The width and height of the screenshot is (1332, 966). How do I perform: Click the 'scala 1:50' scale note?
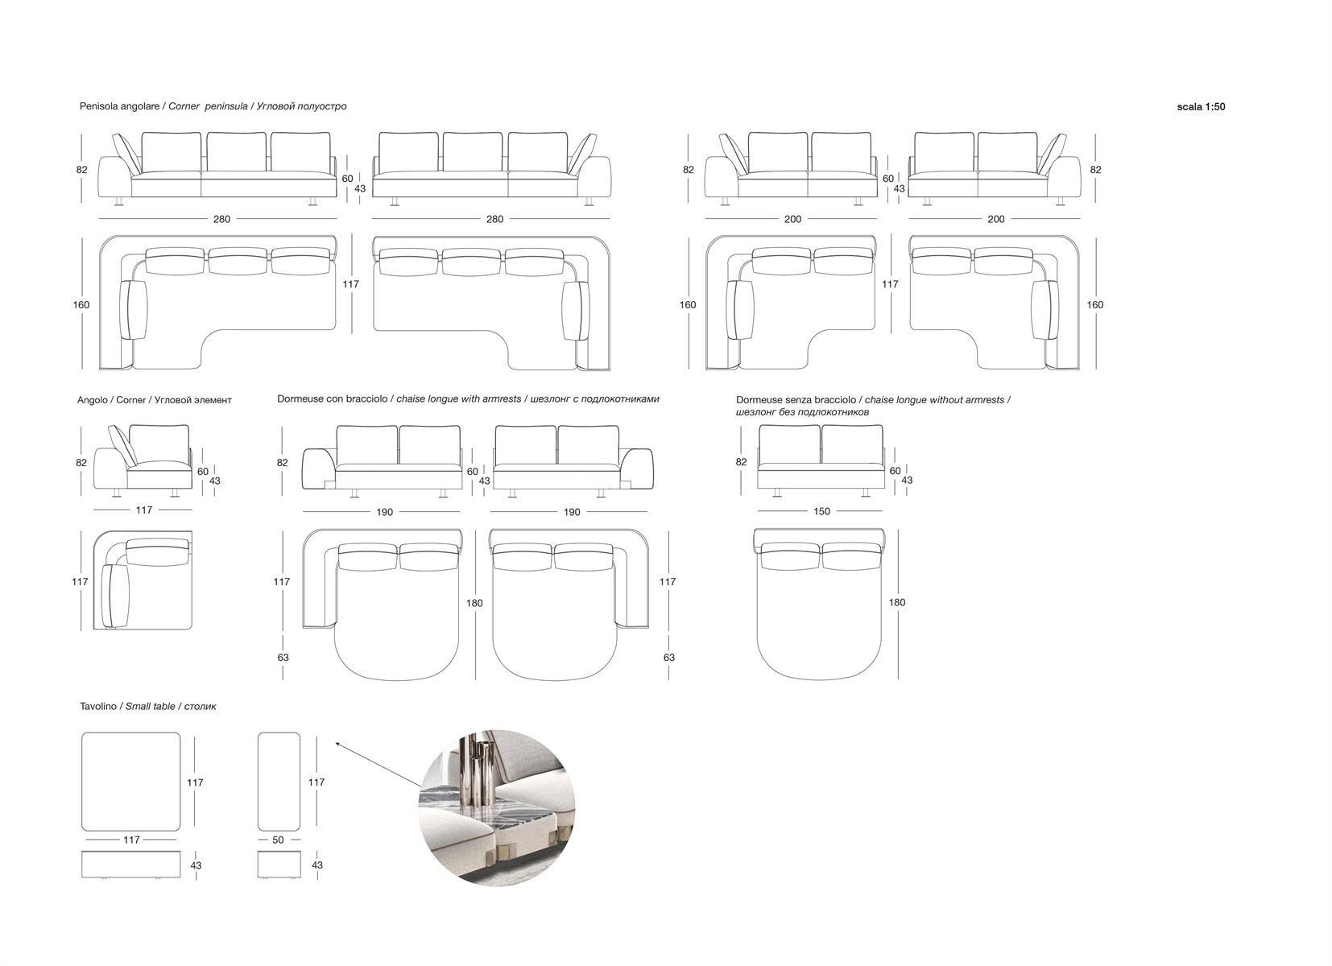pyautogui.click(x=1201, y=107)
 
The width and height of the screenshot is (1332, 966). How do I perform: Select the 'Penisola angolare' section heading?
pyautogui.click(x=119, y=106)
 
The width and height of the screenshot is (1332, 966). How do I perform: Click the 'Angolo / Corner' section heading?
pyautogui.click(x=111, y=400)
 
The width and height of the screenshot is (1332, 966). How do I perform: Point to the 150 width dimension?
pyautogui.click(x=821, y=511)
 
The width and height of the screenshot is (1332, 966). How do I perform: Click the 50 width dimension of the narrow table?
pyautogui.click(x=278, y=840)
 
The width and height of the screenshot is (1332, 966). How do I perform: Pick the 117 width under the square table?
pyautogui.click(x=131, y=840)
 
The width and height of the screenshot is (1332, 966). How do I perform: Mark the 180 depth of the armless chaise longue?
pyautogui.click(x=896, y=602)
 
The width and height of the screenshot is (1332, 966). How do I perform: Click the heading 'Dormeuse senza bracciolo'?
pyautogui.click(x=796, y=400)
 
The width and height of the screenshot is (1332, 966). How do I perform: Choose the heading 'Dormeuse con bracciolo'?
pyautogui.click(x=332, y=399)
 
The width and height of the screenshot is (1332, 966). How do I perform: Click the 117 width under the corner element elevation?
pyautogui.click(x=144, y=510)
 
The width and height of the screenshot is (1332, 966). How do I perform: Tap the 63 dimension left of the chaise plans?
pyautogui.click(x=283, y=658)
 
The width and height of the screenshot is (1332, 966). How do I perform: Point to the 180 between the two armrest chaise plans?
pyautogui.click(x=474, y=603)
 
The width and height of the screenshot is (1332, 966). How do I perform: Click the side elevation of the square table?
pyautogui.click(x=130, y=865)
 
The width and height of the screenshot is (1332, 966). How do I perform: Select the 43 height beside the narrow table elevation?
pyautogui.click(x=317, y=865)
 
